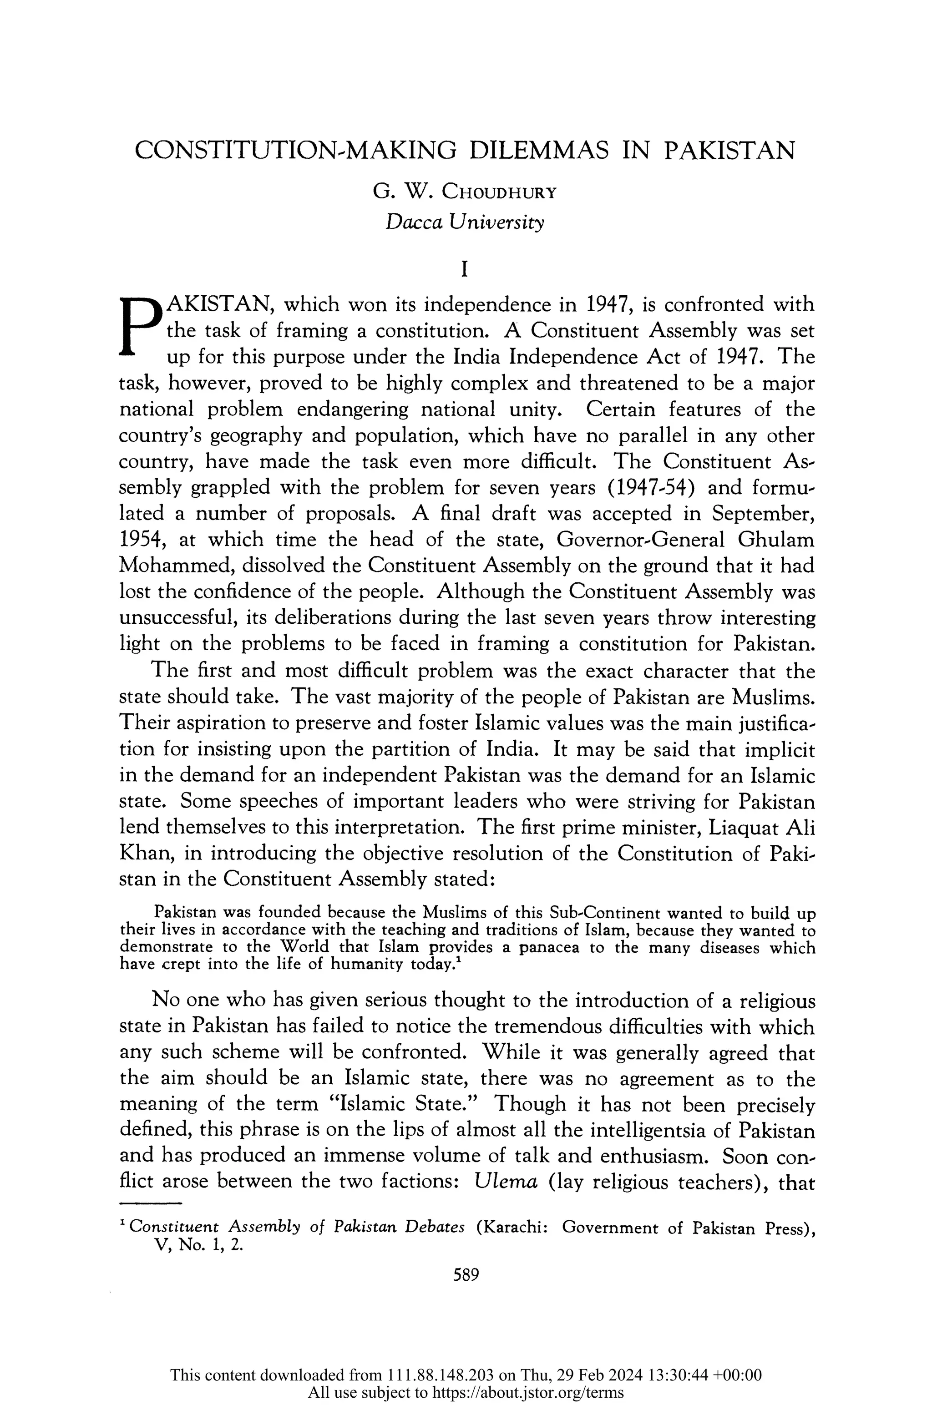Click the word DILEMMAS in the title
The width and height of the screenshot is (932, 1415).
[x=539, y=151]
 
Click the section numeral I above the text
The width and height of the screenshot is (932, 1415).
[x=465, y=271]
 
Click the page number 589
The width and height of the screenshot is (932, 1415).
[x=466, y=1275]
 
